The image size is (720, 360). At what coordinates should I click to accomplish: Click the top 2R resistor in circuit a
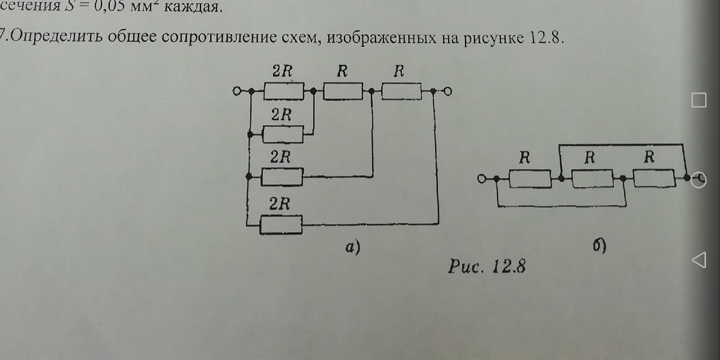tap(283, 91)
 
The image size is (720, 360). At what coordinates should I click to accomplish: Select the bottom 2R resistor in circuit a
tap(281, 224)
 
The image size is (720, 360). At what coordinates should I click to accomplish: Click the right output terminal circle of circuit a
tap(447, 91)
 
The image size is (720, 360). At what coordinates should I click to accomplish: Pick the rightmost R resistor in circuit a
tap(401, 91)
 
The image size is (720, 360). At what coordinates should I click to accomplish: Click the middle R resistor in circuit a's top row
tap(342, 91)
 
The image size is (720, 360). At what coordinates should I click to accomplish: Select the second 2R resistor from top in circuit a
tap(283, 134)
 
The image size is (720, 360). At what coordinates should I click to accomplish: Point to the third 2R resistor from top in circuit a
tap(282, 177)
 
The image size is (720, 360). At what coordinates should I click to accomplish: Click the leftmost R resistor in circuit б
tap(530, 179)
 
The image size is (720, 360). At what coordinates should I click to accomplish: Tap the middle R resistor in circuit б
tap(592, 179)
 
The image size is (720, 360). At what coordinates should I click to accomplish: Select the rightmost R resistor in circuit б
tap(653, 179)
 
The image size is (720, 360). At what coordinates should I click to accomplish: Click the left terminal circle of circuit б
tap(482, 179)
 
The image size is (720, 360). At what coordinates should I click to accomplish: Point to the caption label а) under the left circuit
tap(353, 247)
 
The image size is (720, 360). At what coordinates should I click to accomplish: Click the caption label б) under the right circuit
tap(599, 246)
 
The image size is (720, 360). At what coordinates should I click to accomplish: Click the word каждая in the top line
tap(193, 7)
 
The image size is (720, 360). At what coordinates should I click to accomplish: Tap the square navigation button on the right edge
tap(698, 100)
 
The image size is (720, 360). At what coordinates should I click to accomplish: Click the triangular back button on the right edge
tap(698, 260)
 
